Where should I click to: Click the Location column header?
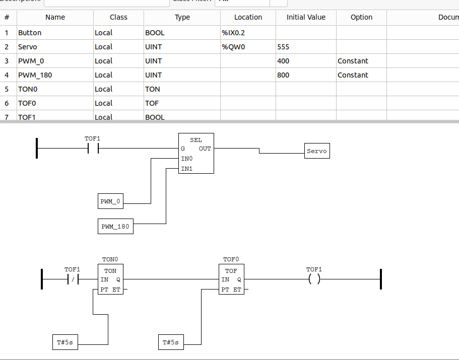pos(248,17)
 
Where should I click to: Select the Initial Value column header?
pos(306,17)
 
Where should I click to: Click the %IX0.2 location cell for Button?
pos(248,33)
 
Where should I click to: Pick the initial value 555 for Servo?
pos(306,47)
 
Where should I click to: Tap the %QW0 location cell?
pos(248,47)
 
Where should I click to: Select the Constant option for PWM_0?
pos(361,61)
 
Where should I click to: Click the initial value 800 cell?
pos(306,75)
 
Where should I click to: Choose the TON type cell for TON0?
pos(182,89)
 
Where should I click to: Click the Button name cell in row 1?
pos(55,33)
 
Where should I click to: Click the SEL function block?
pos(196,153)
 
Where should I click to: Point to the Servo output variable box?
pos(317,151)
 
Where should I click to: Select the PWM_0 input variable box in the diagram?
pos(110,202)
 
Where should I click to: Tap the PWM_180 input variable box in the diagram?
pos(115,227)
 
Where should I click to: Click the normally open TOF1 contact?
pos(93,149)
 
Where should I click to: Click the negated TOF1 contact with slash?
pos(73,279)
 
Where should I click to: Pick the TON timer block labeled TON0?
pos(110,279)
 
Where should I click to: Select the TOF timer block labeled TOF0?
pos(231,279)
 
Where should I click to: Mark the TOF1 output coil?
pos(314,279)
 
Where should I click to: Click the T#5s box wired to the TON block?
pos(65,342)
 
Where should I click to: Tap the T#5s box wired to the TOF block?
pos(171,342)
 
